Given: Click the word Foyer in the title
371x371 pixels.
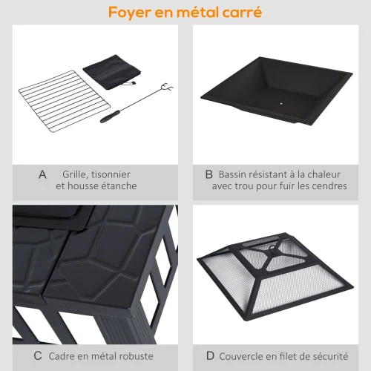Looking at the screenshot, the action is coord(130,13).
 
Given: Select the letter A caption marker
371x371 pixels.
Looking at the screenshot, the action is coord(42,174).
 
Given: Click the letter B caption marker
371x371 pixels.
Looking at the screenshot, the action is coord(209,174).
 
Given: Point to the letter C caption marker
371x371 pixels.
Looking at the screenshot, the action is coord(38,356).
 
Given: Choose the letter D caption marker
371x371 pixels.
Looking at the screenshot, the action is coord(210,356).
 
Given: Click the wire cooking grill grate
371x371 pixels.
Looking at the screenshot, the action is coord(65,101).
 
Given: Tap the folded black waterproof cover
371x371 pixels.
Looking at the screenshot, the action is coord(112,72).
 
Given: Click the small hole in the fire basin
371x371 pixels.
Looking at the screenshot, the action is coord(281,104).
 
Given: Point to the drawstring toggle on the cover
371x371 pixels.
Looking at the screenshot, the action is coord(133,83).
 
